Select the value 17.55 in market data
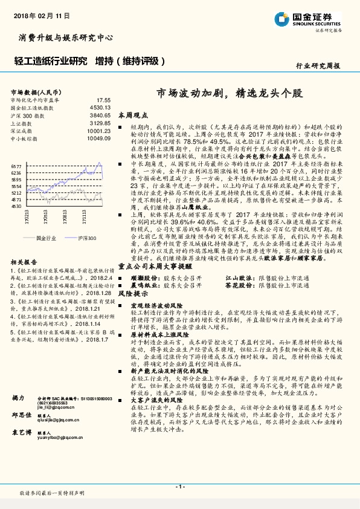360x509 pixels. pos(103,99)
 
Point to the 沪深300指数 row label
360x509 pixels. pos(28,115)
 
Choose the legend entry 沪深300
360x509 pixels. pos(86,238)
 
